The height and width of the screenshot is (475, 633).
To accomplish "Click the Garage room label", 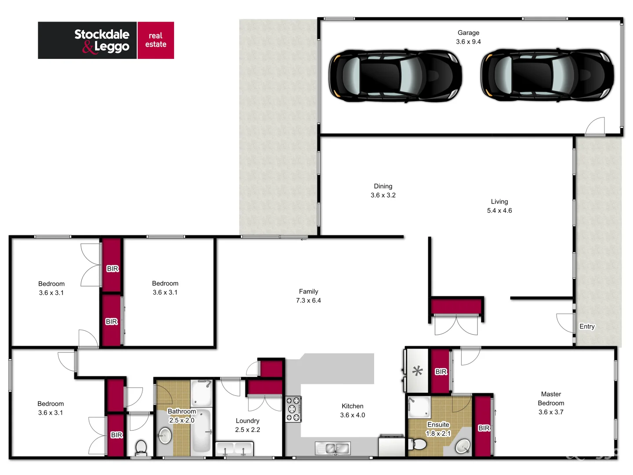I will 468,33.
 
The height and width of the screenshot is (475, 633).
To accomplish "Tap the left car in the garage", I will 395,76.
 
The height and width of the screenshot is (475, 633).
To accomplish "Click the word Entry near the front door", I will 587,326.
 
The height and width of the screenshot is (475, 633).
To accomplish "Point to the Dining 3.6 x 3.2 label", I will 383,191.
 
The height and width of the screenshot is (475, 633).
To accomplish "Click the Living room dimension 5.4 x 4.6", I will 499,211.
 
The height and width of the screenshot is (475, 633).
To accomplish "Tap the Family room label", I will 308,292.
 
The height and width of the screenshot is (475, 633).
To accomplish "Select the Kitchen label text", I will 353,406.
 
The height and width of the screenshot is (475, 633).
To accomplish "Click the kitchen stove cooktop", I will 293,409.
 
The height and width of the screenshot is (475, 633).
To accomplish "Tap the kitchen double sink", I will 333,449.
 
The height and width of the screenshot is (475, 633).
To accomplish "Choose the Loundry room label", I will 247,421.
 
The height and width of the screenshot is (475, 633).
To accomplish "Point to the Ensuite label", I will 438,424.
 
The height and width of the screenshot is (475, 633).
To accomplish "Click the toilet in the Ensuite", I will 418,445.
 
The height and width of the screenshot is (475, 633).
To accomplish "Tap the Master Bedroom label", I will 551,398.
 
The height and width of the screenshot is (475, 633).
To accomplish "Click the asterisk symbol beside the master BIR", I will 417,371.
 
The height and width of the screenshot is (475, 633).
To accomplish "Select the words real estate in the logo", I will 156,40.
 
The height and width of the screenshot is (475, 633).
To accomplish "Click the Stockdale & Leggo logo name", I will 102,40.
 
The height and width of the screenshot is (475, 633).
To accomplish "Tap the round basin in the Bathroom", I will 165,436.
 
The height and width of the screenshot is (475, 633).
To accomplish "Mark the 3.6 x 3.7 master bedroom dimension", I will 551,412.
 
